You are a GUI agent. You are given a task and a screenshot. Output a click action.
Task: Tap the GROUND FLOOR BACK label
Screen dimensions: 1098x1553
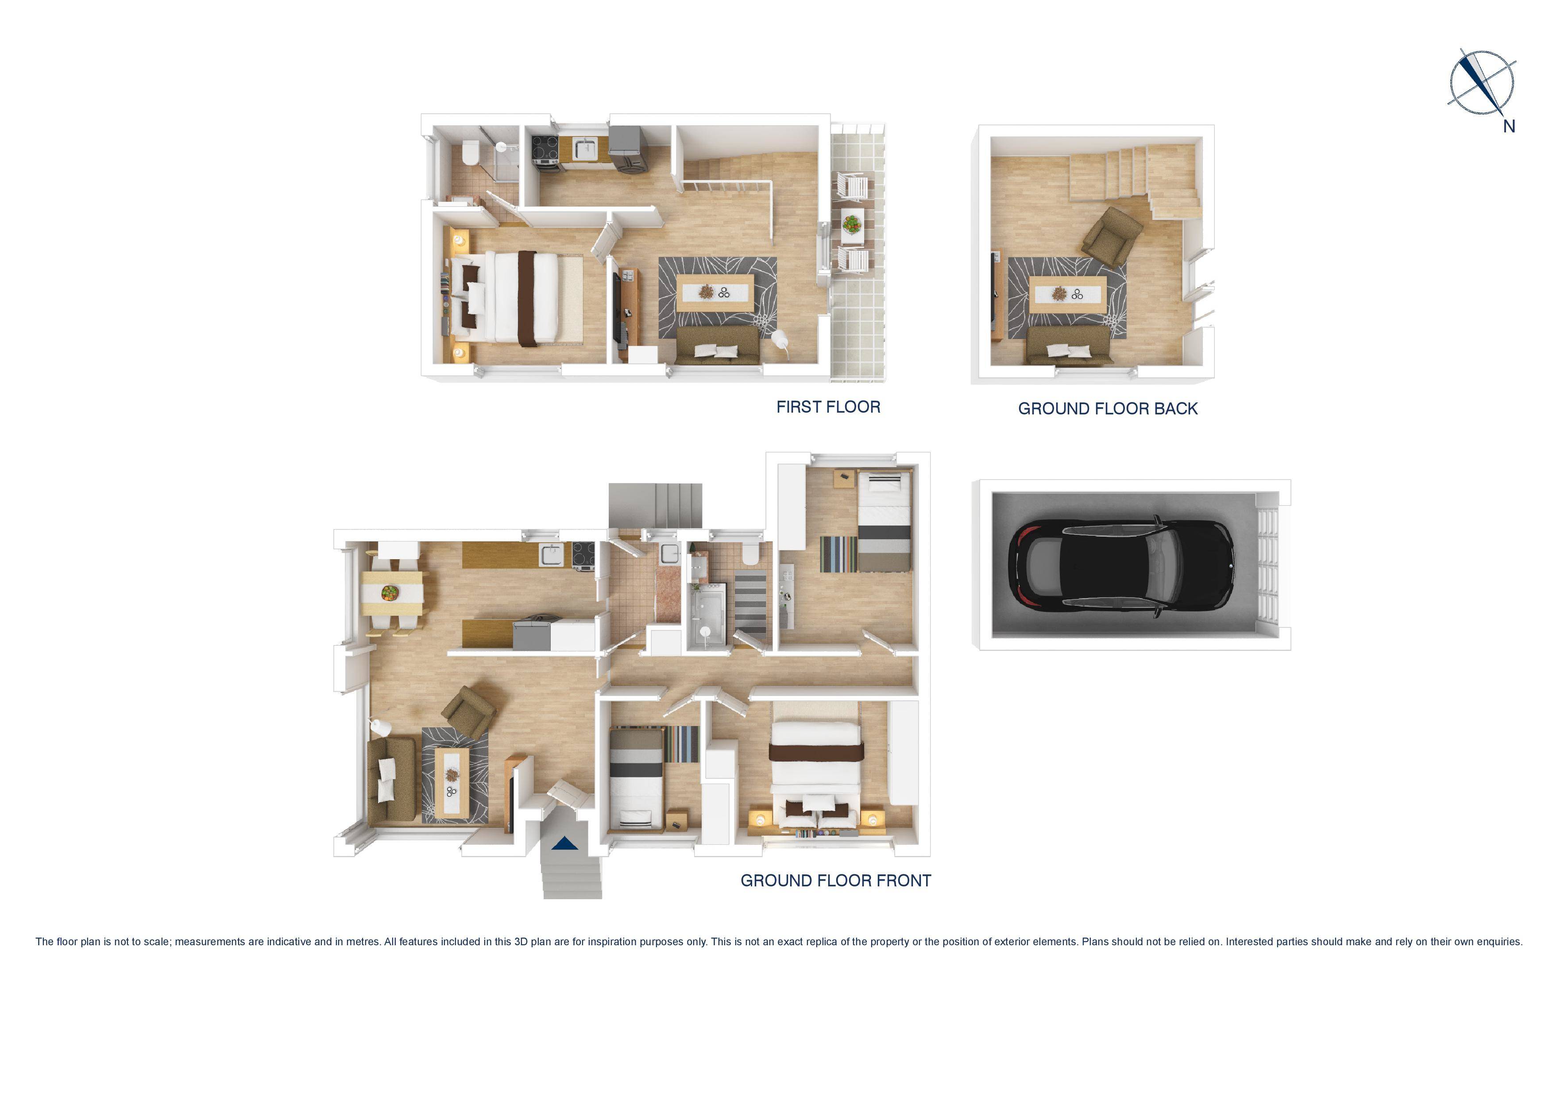click(1107, 409)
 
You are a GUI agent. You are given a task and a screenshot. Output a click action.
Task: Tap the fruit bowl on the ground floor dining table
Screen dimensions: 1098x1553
click(390, 593)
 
